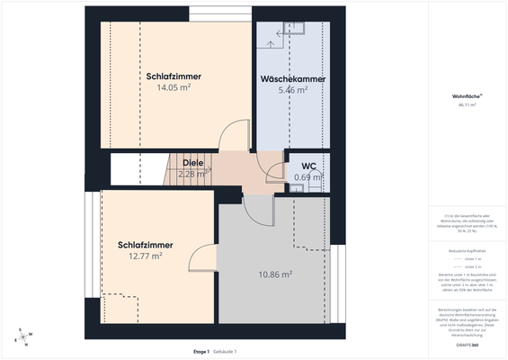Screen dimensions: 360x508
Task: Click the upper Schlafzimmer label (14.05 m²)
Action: coord(174,76)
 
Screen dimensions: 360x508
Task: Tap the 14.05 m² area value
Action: coord(174,88)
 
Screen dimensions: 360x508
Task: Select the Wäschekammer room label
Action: coord(293,79)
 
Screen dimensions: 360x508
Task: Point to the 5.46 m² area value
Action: coord(293,90)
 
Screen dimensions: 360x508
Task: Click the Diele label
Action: coord(193,163)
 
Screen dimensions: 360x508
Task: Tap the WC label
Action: coord(308,166)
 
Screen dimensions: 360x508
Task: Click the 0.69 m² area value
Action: coord(308,177)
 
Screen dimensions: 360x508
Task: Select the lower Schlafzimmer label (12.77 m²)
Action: coord(145,245)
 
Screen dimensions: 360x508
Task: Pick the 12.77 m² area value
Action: coord(145,256)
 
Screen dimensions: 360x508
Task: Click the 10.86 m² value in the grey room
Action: coord(275,274)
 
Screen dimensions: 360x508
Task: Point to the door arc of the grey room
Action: coord(259,208)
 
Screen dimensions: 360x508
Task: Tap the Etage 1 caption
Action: coord(201,350)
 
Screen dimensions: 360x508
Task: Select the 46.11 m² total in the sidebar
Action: coord(468,104)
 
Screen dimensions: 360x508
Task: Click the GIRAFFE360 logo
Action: coord(468,345)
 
